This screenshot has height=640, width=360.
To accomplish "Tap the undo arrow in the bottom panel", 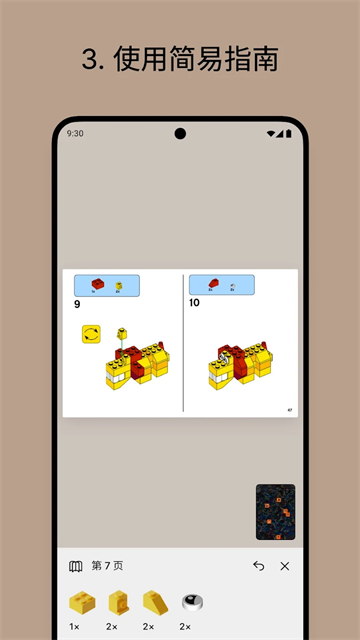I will (x=259, y=566).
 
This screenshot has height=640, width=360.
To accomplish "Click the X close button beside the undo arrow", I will (x=285, y=566).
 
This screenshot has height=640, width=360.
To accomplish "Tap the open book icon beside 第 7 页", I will (x=76, y=566).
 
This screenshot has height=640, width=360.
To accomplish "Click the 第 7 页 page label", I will (x=107, y=566).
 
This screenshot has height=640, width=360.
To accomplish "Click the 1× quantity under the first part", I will (x=75, y=627).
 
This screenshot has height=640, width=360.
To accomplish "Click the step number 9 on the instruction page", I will (x=78, y=303).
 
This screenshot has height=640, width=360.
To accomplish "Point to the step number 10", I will (x=194, y=302).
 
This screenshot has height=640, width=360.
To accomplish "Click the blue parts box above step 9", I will (x=107, y=286).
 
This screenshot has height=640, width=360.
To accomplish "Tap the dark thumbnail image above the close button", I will (x=275, y=512).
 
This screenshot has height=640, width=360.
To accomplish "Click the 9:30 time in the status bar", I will (x=75, y=133).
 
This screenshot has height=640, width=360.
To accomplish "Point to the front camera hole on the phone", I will (x=180, y=133).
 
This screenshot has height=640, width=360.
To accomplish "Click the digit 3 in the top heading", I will (x=88, y=60).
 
